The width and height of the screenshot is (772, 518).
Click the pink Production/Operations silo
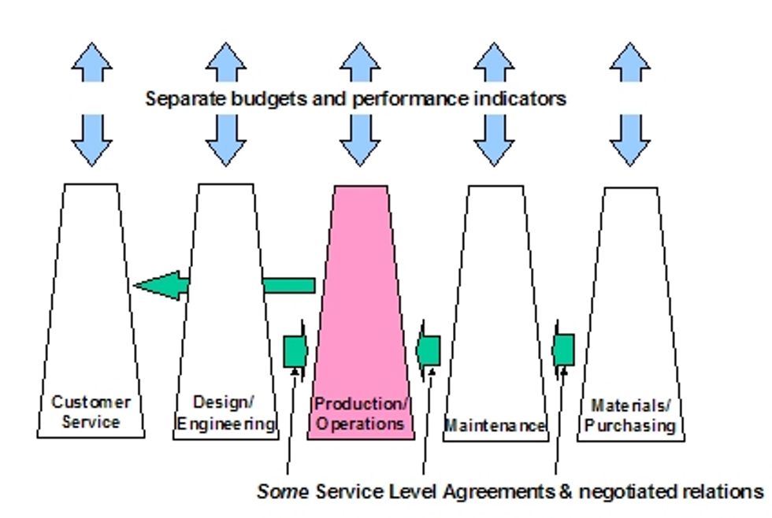click(x=361, y=315)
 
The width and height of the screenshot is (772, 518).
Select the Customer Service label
click(x=91, y=412)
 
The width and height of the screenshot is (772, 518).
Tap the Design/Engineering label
click(x=225, y=413)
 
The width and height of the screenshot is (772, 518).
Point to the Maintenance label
click(x=495, y=426)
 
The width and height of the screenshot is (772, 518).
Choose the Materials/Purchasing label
click(x=630, y=416)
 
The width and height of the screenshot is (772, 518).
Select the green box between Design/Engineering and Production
click(x=295, y=350)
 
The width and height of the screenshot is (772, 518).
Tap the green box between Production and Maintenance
click(x=429, y=350)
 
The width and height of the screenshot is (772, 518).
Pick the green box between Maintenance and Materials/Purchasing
click(x=563, y=350)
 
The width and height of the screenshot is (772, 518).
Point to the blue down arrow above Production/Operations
click(x=360, y=142)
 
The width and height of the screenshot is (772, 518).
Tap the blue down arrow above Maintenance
click(x=495, y=142)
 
